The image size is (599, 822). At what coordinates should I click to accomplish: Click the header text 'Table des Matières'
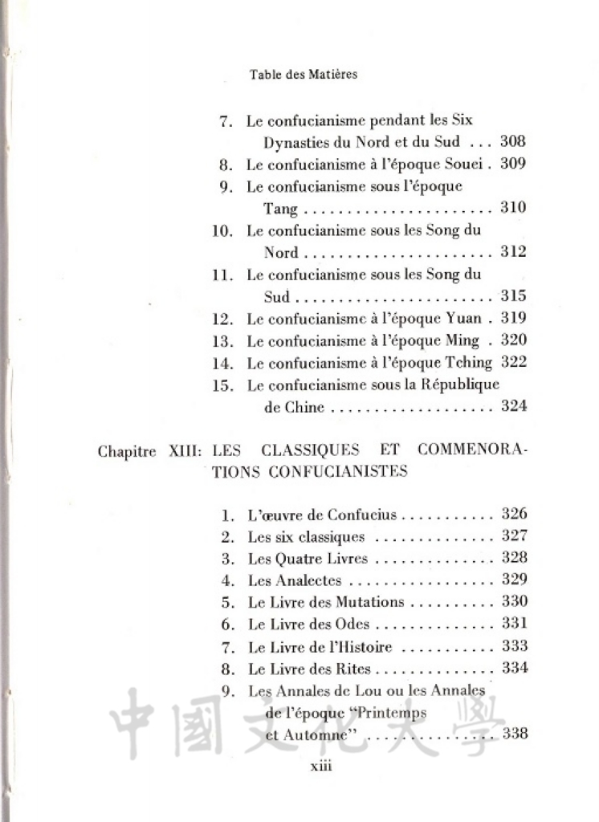click(x=303, y=74)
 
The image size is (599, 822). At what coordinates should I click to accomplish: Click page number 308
click(x=513, y=142)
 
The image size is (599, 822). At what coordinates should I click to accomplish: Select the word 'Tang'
click(x=281, y=210)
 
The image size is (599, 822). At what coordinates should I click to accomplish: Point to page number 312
click(x=513, y=252)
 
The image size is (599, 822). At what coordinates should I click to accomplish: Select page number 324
click(x=513, y=406)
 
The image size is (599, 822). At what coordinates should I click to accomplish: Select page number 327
click(x=514, y=536)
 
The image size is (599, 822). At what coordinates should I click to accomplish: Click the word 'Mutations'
click(x=368, y=602)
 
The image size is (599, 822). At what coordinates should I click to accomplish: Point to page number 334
click(x=514, y=667)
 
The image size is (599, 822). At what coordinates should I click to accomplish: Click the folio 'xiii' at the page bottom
click(x=320, y=767)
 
